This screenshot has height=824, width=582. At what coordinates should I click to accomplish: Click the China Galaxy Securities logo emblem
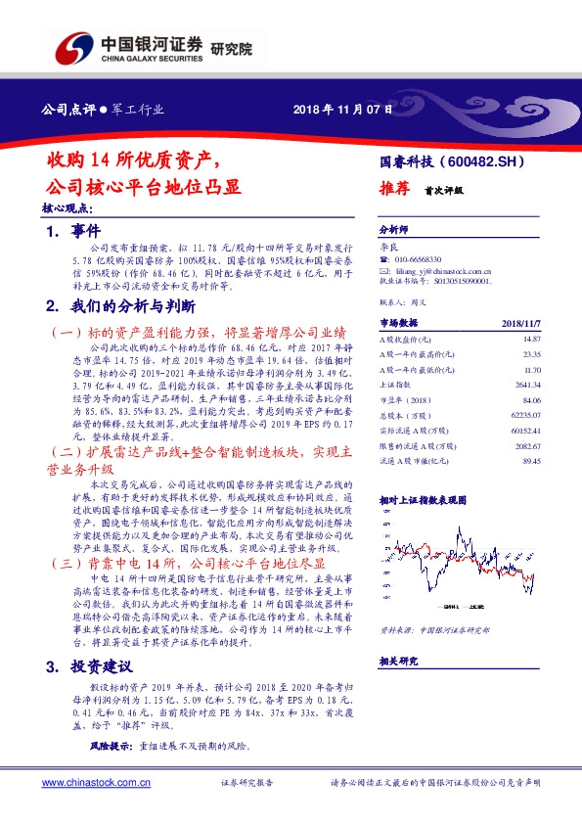pos(72,46)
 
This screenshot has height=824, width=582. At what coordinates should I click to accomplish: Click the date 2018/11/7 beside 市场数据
pos(519,322)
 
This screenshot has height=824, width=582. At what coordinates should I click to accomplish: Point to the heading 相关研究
pos(398,662)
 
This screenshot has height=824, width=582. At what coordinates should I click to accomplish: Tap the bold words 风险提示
pos(110,746)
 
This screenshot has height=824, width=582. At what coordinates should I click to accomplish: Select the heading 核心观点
pos(67,208)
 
